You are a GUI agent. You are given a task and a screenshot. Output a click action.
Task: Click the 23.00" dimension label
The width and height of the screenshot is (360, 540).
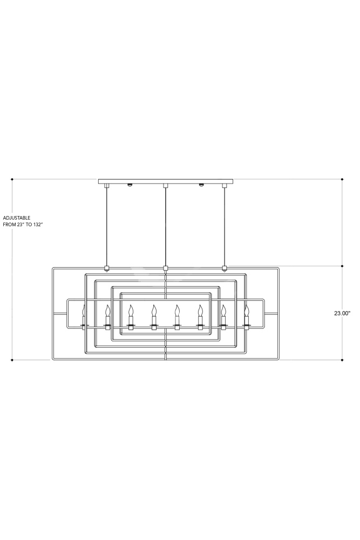pyautogui.click(x=342, y=313)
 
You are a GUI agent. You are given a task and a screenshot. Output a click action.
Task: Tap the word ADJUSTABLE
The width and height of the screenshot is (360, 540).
pyautogui.click(x=17, y=218)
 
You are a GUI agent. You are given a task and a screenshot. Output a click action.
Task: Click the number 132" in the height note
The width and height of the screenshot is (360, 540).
pyautogui.click(x=39, y=224)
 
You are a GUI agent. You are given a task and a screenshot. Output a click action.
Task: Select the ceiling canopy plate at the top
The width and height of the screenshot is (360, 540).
pyautogui.click(x=166, y=181)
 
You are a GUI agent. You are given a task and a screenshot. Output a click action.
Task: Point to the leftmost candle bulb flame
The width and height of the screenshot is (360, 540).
pyautogui.click(x=83, y=310)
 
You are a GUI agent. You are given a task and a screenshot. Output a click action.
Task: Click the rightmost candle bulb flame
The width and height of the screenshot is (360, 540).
pyautogui.click(x=246, y=310)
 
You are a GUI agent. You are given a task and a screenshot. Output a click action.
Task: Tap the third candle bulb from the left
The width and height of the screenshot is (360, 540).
pyautogui.click(x=131, y=310)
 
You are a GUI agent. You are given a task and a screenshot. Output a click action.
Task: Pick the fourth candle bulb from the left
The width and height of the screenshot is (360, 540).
pyautogui.click(x=154, y=310)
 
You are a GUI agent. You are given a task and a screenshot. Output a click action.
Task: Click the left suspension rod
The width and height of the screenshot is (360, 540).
pyautogui.click(x=107, y=227)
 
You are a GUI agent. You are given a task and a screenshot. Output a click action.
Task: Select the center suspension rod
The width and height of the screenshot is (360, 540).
pyautogui.click(x=166, y=227)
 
